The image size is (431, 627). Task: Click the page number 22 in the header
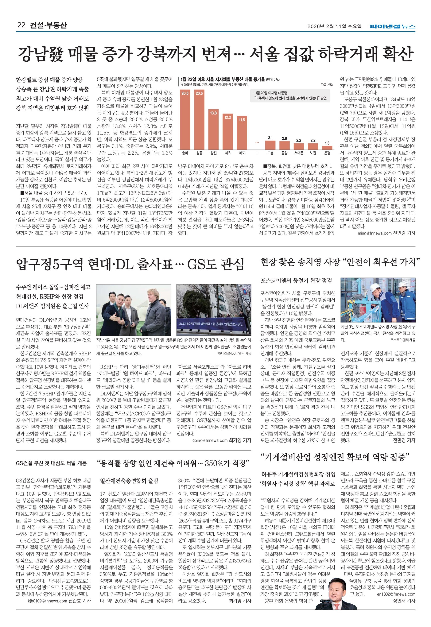click(21, 26)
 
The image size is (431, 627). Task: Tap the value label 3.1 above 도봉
click(270, 138)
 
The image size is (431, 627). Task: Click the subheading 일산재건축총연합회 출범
click(129, 481)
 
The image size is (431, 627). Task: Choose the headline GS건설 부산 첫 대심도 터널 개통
click(51, 463)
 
